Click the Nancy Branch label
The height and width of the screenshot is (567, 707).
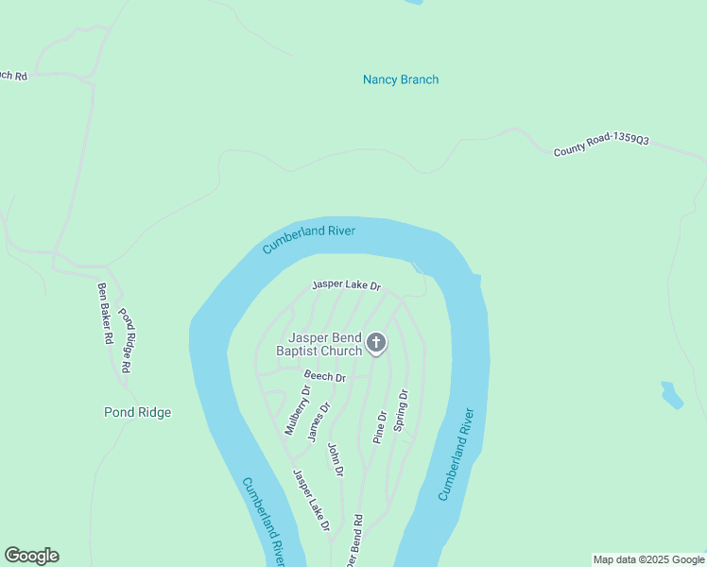pyautogui.click(x=401, y=80)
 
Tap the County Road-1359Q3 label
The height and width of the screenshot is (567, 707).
pyautogui.click(x=601, y=146)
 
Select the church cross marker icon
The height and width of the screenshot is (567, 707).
pyautogui.click(x=376, y=343)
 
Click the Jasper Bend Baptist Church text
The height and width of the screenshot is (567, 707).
pyautogui.click(x=319, y=344)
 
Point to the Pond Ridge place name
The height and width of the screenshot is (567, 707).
pyautogui.click(x=137, y=413)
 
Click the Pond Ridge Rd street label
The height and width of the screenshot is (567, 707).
pyautogui.click(x=131, y=337)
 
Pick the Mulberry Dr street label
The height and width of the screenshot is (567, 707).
pyautogui.click(x=298, y=410)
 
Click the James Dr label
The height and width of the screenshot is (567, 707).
pyautogui.click(x=319, y=421)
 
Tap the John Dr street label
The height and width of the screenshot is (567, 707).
pyautogui.click(x=336, y=458)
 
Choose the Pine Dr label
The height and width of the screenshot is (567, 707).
pyautogui.click(x=380, y=427)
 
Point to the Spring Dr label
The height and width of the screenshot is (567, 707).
pyautogui.click(x=401, y=411)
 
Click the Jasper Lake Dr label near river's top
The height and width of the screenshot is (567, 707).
pyautogui.click(x=346, y=284)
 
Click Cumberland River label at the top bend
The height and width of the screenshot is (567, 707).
pyautogui.click(x=308, y=238)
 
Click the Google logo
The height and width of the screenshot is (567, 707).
pyautogui.click(x=31, y=556)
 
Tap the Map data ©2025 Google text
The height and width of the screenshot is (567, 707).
pyautogui.click(x=648, y=559)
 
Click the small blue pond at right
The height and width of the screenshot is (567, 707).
pyautogui.click(x=672, y=395)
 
